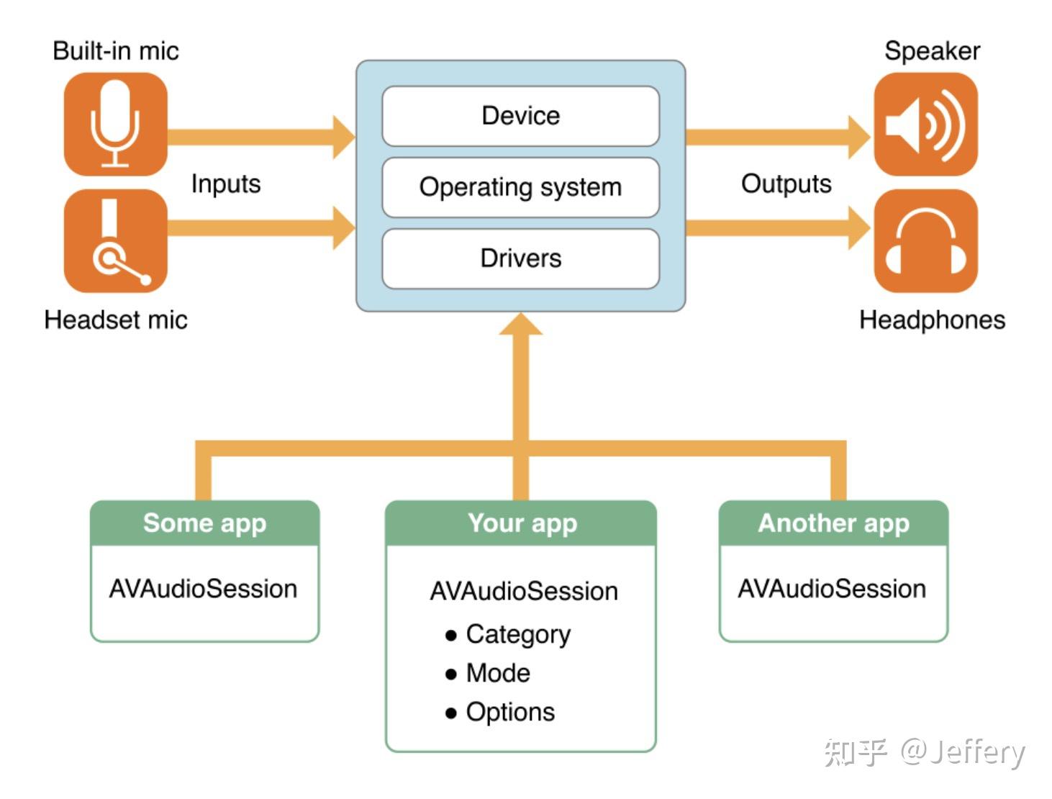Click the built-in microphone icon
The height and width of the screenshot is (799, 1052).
pos(115,124)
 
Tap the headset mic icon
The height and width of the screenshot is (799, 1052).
pos(115,241)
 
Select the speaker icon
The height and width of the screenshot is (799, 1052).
pos(925,124)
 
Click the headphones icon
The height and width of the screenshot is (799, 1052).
pos(925,241)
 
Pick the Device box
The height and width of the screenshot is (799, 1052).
pos(520,116)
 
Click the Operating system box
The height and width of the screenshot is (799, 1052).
pos(520,187)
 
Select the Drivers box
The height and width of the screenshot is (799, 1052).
pos(520,258)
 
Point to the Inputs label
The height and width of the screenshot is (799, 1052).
pos(225,184)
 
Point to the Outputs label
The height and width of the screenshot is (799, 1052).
pos(786,184)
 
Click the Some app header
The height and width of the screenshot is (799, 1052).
pos(204,523)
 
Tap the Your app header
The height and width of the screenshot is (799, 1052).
pos(522,523)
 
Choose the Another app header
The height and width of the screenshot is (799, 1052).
pos(833,523)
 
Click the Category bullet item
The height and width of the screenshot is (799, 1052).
pos(517,634)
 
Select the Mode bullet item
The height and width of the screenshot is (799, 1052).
pos(498,673)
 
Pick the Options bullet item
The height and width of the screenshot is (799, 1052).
pos(510,712)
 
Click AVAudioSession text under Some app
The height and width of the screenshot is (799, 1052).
pos(203,589)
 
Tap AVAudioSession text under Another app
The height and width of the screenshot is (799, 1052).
pos(832,589)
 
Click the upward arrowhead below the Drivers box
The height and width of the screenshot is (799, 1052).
pos(521,325)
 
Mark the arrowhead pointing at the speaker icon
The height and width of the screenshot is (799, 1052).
pos(858,137)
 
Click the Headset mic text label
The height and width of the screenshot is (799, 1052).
pos(115,320)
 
